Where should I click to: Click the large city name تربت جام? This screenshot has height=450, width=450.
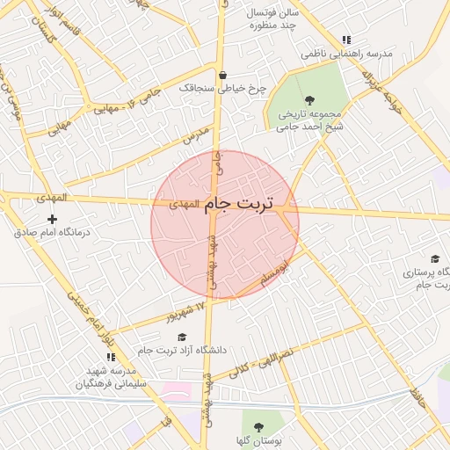pos(239,204)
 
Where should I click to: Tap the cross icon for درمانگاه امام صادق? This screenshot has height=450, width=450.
pos(52,219)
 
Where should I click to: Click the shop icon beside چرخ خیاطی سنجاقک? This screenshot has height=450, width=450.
pos(222,75)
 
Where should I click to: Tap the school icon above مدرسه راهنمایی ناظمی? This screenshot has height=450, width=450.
pos(346,40)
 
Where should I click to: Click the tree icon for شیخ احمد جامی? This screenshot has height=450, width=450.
pos(308,99)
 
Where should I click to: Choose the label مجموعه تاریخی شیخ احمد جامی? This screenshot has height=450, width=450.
pos(308,120)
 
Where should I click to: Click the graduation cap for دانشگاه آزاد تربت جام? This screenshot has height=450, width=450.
pos(182,337)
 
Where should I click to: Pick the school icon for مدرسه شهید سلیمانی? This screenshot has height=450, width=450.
pos(111,357)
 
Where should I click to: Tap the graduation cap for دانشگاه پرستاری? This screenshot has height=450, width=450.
pos(434,258)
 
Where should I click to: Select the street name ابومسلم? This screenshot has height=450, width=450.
pos(275,273)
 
